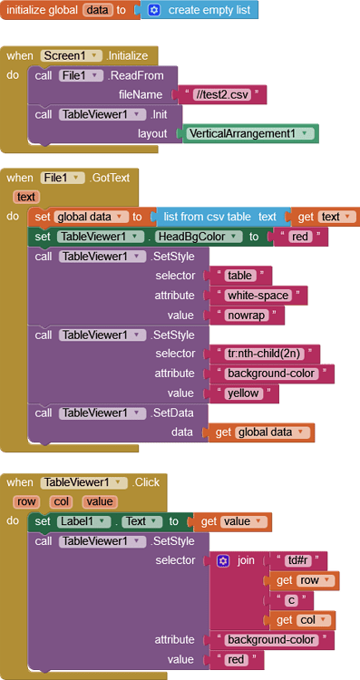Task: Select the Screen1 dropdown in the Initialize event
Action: click(x=71, y=55)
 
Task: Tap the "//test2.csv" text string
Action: click(x=222, y=94)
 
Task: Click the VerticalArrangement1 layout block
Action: click(x=250, y=133)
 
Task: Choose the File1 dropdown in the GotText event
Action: click(x=63, y=178)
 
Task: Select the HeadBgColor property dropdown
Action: click(x=199, y=237)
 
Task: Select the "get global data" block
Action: click(x=261, y=432)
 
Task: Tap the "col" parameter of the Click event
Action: click(x=62, y=501)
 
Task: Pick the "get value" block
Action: click(x=232, y=521)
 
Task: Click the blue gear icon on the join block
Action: click(x=222, y=561)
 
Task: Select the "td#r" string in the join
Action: click(x=297, y=561)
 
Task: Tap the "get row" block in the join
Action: click(x=304, y=580)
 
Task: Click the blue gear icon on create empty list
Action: click(x=154, y=10)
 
